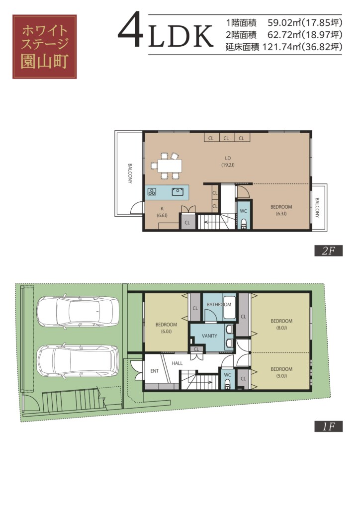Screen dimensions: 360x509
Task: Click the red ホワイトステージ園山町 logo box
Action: coord(44,46)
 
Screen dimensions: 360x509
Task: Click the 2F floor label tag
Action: coord(328,251)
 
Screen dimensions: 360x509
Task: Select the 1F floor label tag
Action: coord(328,426)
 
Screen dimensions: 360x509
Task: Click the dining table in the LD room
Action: coord(170,166)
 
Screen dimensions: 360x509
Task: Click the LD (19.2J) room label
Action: coord(228,162)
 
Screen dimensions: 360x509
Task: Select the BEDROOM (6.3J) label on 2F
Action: coord(281,210)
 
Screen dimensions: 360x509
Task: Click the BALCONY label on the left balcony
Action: coord(130,173)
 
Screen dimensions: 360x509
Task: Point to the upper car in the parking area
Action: coord(78,312)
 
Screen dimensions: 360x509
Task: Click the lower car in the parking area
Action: coord(78,361)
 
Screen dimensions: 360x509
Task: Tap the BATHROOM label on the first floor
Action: coord(219,305)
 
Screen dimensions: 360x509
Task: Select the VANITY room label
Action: coord(209,336)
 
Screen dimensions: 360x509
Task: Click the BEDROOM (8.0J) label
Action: coord(281,324)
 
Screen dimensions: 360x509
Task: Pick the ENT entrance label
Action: coord(155,371)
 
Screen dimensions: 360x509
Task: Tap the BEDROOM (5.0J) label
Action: coord(281,372)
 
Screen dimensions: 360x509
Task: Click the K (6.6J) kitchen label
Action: coord(162,212)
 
